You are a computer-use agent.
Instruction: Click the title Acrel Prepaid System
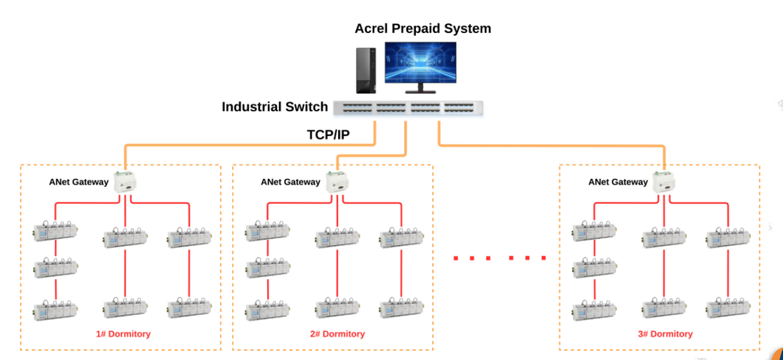pyautogui.click(x=423, y=29)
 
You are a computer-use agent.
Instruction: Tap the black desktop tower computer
pyautogui.click(x=366, y=71)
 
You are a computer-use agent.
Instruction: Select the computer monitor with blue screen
pyautogui.click(x=420, y=63)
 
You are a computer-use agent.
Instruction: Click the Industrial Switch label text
pyautogui.click(x=275, y=107)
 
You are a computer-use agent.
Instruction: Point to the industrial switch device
pyautogui.click(x=408, y=108)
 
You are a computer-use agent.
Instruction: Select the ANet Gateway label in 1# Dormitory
pyautogui.click(x=79, y=182)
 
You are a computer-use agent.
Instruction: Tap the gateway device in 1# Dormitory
pyautogui.click(x=125, y=182)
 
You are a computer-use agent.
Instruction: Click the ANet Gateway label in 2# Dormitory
pyautogui.click(x=290, y=182)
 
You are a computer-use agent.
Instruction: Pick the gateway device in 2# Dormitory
pyautogui.click(x=336, y=182)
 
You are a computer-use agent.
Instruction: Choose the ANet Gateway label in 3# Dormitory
pyautogui.click(x=618, y=182)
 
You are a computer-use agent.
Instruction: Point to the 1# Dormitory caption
pyautogui.click(x=123, y=334)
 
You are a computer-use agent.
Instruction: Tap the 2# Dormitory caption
pyautogui.click(x=338, y=334)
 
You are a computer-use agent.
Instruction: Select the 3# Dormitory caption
pyautogui.click(x=665, y=334)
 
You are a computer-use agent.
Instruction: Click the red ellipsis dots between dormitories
pyautogui.click(x=500, y=258)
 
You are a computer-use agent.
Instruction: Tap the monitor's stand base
pyautogui.click(x=420, y=92)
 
